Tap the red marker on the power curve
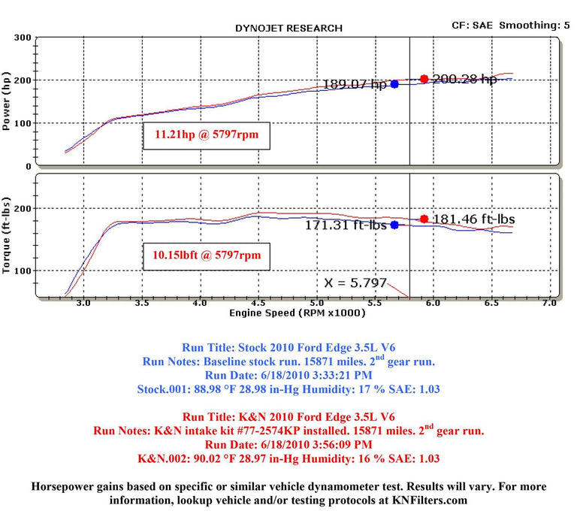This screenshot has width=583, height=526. click(x=424, y=79)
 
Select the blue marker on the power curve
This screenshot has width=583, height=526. click(x=394, y=84)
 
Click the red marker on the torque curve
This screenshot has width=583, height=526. click(x=424, y=219)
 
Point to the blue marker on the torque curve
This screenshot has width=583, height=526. click(x=394, y=225)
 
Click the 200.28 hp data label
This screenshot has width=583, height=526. click(x=464, y=80)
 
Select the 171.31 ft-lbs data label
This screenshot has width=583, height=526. click(x=346, y=225)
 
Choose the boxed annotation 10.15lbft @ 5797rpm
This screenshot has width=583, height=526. click(x=207, y=255)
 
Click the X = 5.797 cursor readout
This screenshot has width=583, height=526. click(x=355, y=283)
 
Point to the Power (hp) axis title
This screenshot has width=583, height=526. click(x=8, y=101)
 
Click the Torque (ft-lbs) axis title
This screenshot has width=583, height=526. click(x=8, y=234)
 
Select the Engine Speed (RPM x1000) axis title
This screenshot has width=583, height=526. click(x=299, y=312)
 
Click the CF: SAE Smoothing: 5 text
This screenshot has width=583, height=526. click(x=515, y=25)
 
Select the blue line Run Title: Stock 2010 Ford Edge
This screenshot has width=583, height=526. click(x=291, y=348)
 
